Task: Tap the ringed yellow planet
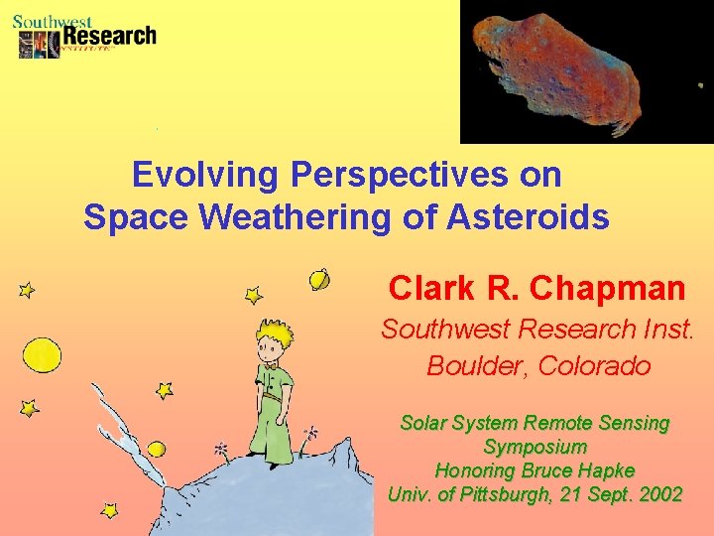320,280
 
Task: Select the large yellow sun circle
42,354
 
